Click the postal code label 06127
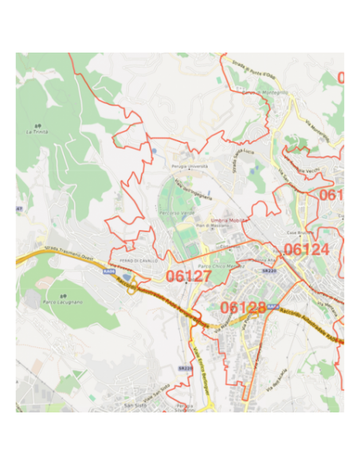point(189,275)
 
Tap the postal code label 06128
point(243,308)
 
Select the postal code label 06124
point(306,249)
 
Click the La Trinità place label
point(37,131)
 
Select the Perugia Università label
point(190,166)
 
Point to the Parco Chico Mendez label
point(217,265)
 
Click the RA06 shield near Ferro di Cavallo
point(108,272)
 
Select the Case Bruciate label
point(297,232)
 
